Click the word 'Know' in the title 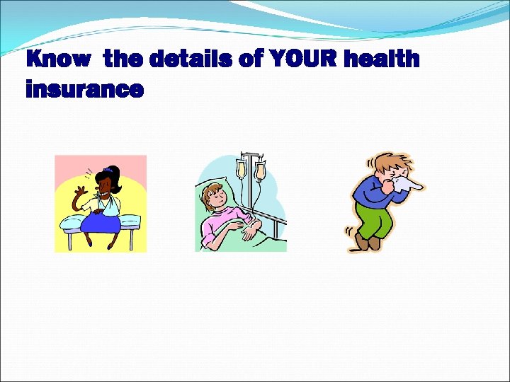[58, 59]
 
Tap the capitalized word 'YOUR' [302, 59]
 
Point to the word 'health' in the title [382, 59]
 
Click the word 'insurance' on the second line [84, 90]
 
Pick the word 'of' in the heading [250, 59]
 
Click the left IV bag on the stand [242, 168]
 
